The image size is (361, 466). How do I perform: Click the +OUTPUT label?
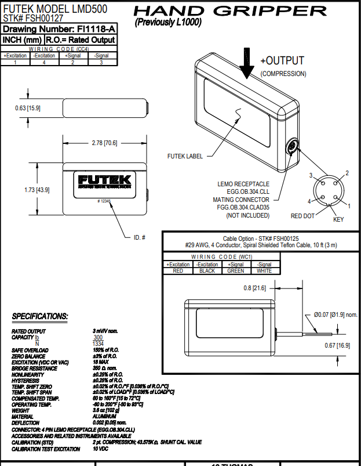282,61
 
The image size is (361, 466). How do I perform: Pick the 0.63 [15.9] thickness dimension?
27,108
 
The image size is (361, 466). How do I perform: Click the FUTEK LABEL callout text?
185,156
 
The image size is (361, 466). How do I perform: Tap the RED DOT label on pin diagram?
302,216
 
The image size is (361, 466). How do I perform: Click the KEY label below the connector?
338,220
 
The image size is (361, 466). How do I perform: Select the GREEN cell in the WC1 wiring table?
236,270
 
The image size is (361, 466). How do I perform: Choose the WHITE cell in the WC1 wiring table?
264,270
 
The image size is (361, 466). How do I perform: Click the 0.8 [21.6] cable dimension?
255,288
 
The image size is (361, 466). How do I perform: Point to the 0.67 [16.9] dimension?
337,345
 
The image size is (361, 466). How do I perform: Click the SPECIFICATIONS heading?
39,316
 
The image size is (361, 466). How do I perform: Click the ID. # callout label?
138,237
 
